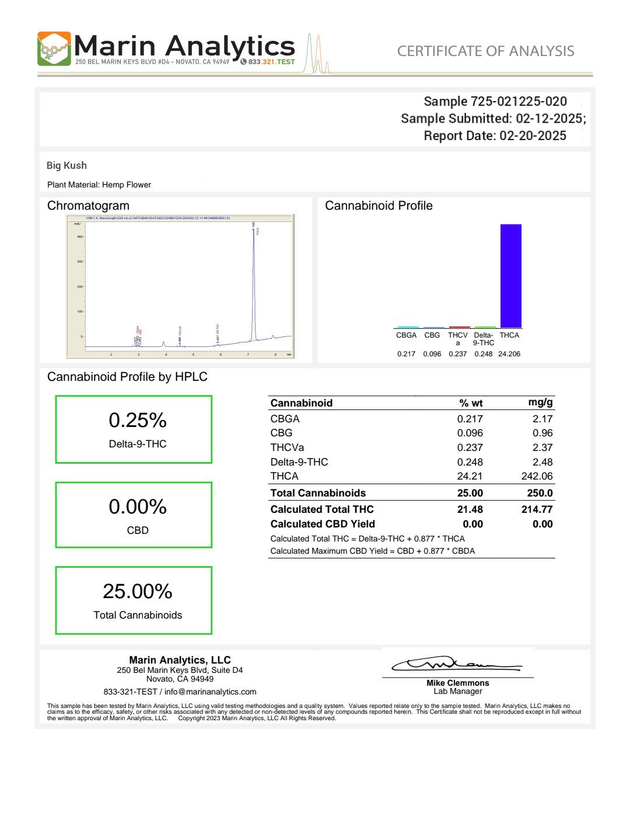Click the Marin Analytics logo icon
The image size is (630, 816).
54,48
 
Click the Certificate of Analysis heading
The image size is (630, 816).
485,51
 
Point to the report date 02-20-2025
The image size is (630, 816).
533,136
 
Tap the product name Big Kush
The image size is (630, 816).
66,165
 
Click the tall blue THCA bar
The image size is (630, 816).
510,276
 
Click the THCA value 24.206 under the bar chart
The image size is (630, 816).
509,354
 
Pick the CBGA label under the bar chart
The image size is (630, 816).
406,335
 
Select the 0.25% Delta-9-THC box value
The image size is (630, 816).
138,421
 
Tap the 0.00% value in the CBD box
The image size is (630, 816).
138,506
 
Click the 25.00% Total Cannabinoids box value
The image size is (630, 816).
138,592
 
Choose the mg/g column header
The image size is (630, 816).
540,402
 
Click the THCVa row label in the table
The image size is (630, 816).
287,447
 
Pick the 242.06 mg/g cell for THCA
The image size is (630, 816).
537,476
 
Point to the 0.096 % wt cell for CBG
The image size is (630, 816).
470,433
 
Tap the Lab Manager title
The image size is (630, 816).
457,692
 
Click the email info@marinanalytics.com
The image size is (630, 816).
210,692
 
